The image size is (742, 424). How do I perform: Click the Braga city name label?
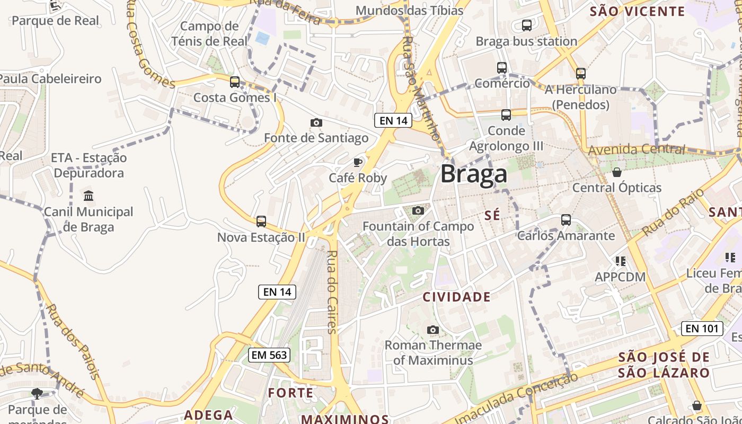coord(473,174)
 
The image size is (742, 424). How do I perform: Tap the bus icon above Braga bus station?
coord(526,25)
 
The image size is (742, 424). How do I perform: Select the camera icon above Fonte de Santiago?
coord(316,122)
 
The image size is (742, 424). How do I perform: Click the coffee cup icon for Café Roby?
coord(358,162)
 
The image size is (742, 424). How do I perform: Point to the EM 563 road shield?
coord(270,355)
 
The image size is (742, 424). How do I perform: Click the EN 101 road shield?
coord(702,328)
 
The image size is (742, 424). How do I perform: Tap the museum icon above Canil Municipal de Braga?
coord(89,196)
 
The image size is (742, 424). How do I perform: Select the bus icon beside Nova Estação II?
coord(261,221)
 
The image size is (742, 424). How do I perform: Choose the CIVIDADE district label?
coord(456,297)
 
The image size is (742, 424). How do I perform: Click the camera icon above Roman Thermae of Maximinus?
coord(432,330)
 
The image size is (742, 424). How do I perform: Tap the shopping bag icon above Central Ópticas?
coord(616,172)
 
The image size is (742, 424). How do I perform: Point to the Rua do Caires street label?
coord(332,291)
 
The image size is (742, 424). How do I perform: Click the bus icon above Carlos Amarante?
coord(566,219)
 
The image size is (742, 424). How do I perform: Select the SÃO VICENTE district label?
coord(637,11)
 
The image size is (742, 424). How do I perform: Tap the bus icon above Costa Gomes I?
coord(234,82)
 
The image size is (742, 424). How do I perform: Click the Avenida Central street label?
coord(636,149)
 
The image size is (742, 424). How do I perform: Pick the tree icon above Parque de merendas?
coord(37,393)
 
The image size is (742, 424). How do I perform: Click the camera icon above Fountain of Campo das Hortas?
coord(418,210)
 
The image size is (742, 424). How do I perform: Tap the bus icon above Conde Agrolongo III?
coord(506,114)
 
